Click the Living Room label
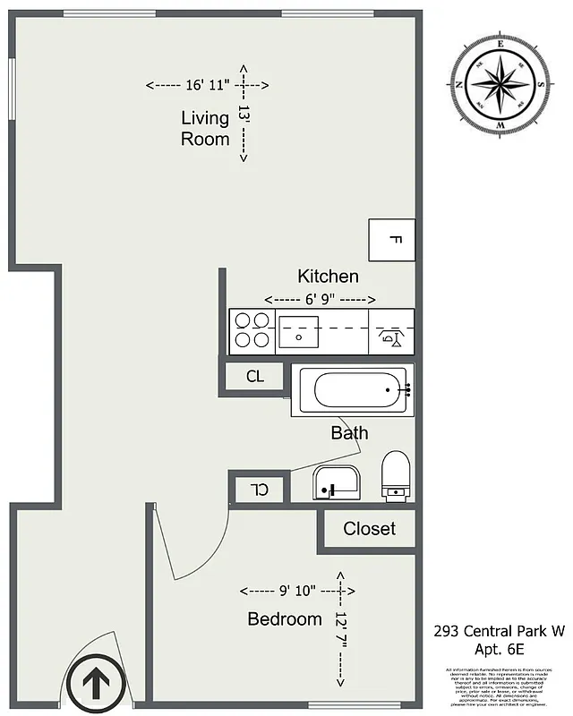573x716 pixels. click(x=205, y=128)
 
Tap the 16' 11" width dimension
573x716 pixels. click(x=207, y=86)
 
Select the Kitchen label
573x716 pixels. click(x=328, y=277)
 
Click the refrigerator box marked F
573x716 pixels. click(x=392, y=240)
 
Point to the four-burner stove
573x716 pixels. click(x=251, y=329)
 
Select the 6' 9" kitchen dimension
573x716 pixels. click(x=320, y=299)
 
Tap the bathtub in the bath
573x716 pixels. click(x=350, y=390)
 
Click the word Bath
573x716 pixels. click(x=349, y=433)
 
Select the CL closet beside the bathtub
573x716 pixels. click(x=255, y=377)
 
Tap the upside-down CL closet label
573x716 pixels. click(x=259, y=490)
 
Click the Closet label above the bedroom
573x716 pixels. click(x=369, y=529)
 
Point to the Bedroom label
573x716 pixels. click(x=284, y=619)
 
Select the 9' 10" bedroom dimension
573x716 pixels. click(x=297, y=591)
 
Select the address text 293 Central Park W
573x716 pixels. click(x=499, y=632)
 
